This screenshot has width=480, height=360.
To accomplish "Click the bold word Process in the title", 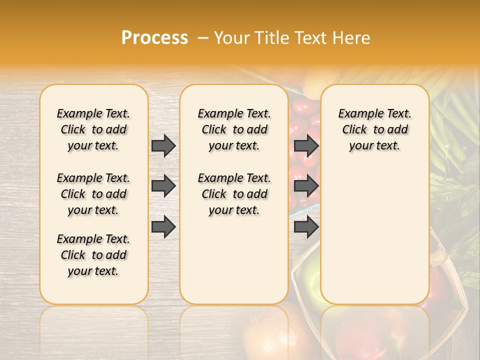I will point(154,38).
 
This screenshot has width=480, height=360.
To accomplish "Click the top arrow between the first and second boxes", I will point(163,145).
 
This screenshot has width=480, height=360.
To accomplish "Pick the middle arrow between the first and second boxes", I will point(163,186).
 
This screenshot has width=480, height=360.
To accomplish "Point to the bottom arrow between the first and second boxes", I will point(163,226).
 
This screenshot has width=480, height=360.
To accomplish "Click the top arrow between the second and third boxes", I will point(306,145).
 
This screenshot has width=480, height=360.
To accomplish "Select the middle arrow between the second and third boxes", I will point(306,186).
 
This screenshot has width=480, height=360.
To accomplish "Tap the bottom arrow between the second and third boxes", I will point(306,226).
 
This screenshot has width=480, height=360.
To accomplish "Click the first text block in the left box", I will point(93,129).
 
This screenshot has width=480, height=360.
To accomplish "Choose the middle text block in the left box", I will point(93,194).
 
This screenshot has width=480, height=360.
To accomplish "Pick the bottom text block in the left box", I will point(93,255).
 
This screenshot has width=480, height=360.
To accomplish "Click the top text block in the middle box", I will point(234,129).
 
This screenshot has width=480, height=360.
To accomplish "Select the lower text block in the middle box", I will point(234,194).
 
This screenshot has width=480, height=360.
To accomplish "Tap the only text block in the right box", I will point(374,129).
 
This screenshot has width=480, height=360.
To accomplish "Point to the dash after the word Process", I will point(203,38).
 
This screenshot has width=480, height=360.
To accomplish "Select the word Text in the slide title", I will point(310,38).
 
